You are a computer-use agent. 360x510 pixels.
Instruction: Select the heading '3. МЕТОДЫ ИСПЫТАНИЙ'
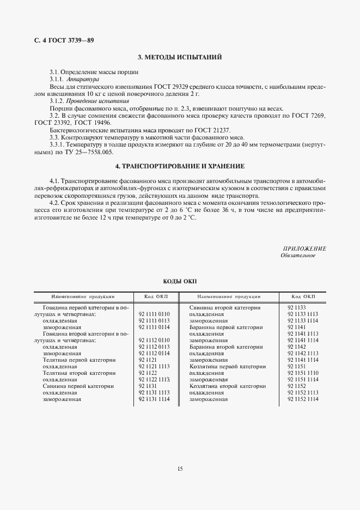[x=180, y=57]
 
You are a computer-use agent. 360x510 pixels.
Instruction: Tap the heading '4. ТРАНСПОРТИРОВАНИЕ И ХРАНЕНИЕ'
[x=180, y=166]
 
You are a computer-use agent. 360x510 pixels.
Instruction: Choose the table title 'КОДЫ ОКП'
[x=180, y=281]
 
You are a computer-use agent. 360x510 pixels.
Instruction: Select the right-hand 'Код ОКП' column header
[x=303, y=297]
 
